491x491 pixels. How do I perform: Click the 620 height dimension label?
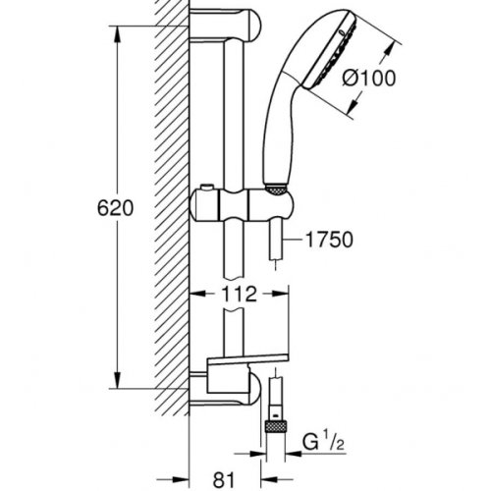(102, 209)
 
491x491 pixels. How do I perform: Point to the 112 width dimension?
(239, 293)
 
